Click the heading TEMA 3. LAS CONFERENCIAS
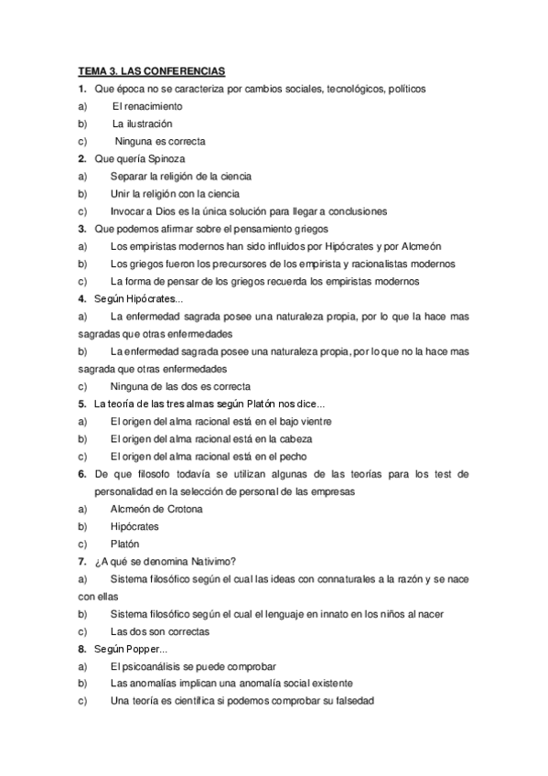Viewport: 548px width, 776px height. [x=151, y=71]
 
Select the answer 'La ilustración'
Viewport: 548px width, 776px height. [x=142, y=124]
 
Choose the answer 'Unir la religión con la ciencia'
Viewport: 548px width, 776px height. [x=175, y=194]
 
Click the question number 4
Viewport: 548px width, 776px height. [x=82, y=299]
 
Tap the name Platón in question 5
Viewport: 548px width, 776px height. [x=261, y=404]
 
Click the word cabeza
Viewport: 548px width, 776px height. [x=305, y=439]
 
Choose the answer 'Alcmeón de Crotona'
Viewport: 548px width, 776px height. [x=156, y=509]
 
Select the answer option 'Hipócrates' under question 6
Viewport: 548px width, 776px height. [x=134, y=526]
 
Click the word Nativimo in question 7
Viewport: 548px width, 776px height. [x=212, y=561]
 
